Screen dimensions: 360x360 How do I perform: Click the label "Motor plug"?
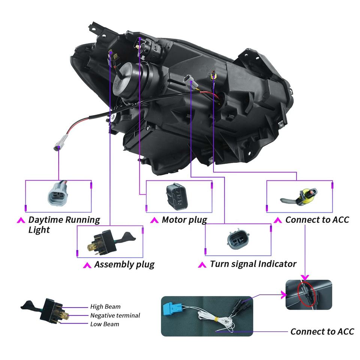coord(184,220)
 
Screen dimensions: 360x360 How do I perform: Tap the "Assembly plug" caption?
coord(124,264)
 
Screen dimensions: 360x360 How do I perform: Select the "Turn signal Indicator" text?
coord(253,264)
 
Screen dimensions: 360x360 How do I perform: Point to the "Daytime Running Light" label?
coord(64,224)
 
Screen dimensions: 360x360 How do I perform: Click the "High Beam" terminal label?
coord(105,307)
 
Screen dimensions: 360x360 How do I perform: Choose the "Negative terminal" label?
coord(115,315)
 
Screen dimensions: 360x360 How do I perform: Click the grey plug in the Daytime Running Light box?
coord(58,193)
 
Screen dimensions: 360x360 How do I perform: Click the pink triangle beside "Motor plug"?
coord(153,220)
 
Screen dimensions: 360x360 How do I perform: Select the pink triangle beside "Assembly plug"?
coord(87,265)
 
